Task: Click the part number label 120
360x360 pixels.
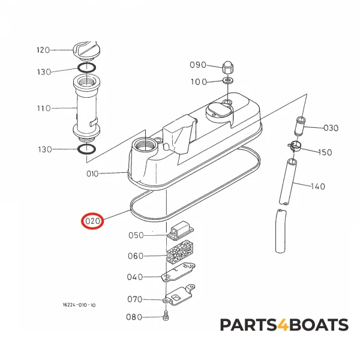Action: [43, 50]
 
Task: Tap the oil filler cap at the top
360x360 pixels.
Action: [86, 51]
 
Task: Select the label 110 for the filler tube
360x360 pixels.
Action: [44, 108]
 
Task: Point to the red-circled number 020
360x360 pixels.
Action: [92, 221]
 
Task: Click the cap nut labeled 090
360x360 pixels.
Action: [227, 67]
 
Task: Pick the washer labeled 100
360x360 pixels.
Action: [227, 80]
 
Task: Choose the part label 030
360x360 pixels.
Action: [331, 128]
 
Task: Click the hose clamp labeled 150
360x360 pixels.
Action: [295, 146]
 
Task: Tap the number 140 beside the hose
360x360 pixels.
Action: [318, 186]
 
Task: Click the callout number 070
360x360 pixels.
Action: [135, 299]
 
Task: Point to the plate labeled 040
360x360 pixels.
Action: [178, 273]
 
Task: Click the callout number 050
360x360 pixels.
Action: [136, 235]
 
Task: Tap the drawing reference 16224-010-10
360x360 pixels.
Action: [79, 305]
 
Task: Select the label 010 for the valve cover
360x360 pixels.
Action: [92, 174]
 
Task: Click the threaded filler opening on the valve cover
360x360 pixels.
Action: [145, 145]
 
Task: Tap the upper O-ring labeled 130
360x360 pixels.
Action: [86, 68]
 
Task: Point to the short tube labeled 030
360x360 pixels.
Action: [299, 126]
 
